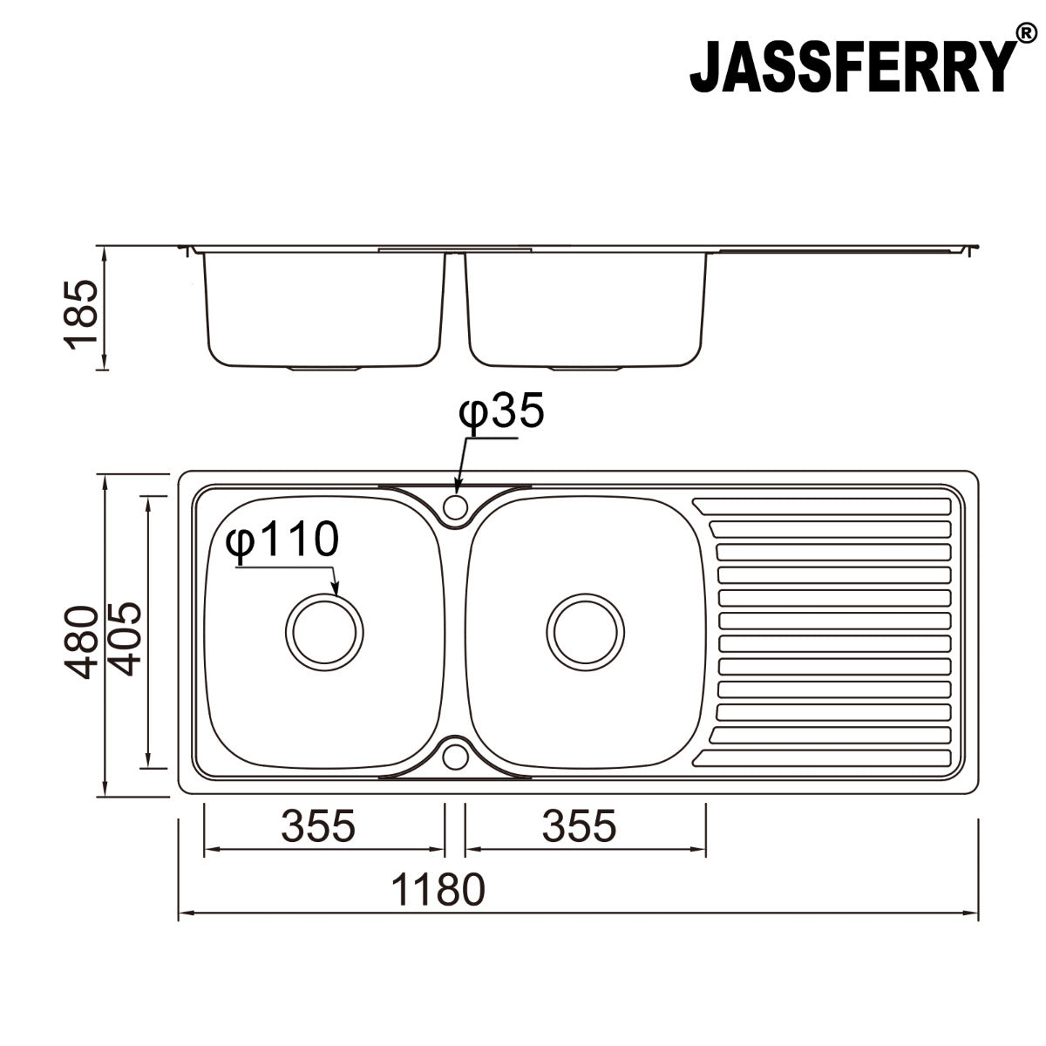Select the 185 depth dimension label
click(x=83, y=314)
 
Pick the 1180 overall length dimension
click(x=436, y=890)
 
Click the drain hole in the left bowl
click(x=324, y=633)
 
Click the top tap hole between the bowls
click(x=454, y=506)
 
